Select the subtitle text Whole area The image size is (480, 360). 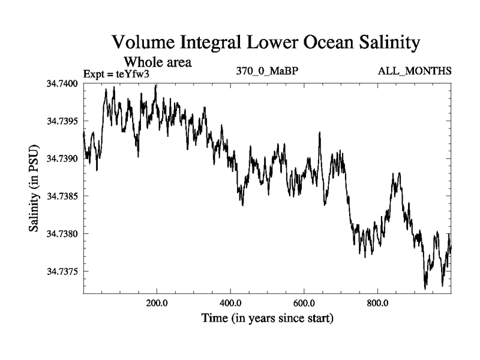pyautogui.click(x=158, y=62)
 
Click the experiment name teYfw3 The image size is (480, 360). pyautogui.click(x=136, y=74)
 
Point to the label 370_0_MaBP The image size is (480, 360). pyautogui.click(x=268, y=71)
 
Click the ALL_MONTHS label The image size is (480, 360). pyautogui.click(x=415, y=71)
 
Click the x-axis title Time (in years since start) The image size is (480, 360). pyautogui.click(x=267, y=318)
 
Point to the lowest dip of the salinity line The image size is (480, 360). pyautogui.click(x=425, y=289)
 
